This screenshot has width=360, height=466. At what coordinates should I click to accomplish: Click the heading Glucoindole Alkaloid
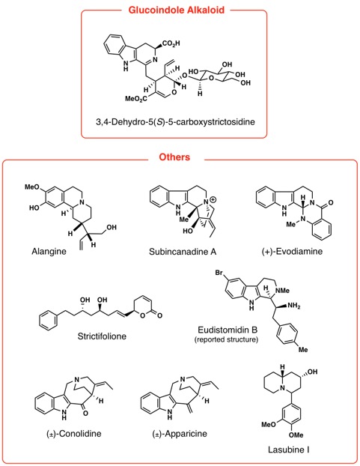click(177, 10)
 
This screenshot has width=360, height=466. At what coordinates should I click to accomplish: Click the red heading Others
click(174, 157)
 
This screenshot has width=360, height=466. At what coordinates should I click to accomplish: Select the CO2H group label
click(171, 44)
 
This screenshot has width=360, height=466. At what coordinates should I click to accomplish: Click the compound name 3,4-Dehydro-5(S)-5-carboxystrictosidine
click(175, 122)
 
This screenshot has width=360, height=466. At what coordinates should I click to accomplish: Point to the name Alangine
click(49, 252)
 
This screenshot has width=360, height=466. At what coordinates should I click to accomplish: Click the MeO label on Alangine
click(31, 187)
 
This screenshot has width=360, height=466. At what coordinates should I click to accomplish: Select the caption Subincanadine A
click(183, 252)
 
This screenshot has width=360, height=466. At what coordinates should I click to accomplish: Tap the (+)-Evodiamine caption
click(292, 252)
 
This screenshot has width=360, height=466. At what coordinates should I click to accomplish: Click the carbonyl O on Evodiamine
click(331, 203)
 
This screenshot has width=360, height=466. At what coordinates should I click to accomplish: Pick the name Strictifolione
click(102, 336)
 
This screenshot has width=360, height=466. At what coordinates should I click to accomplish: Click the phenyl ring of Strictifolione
click(49, 321)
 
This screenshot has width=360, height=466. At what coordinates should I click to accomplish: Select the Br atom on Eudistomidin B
click(219, 273)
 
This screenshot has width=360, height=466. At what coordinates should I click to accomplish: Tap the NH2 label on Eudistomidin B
click(293, 306)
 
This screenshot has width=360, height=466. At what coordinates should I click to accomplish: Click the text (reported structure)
click(226, 339)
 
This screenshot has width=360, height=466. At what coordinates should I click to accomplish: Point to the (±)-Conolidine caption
click(74, 434)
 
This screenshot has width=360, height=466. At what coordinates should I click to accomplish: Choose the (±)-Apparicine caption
click(180, 434)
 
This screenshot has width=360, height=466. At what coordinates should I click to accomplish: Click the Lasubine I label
click(288, 450)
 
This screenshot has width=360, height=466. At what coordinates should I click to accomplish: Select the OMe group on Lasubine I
click(296, 435)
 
